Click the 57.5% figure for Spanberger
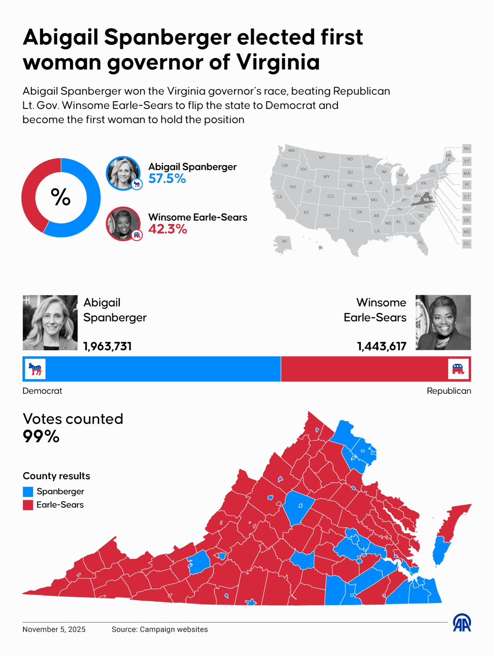coord(167,179)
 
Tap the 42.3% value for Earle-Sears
coord(167,229)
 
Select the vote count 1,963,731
coord(107,346)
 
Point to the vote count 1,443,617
coord(382,346)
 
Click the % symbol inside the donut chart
coord(61,197)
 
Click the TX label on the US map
coord(351,231)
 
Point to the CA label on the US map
coord(279,197)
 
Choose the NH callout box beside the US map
coord(467,149)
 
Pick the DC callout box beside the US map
coord(467,244)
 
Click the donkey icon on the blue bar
coord(35,369)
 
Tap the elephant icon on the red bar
coord(458,369)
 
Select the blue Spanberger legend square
coord(28,492)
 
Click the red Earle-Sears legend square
coord(28,505)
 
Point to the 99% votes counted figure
coord(41,437)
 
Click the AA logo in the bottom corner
coord(462,623)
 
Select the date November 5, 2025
coord(54,629)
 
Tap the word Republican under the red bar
coord(449,391)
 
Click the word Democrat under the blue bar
coord(42,391)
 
